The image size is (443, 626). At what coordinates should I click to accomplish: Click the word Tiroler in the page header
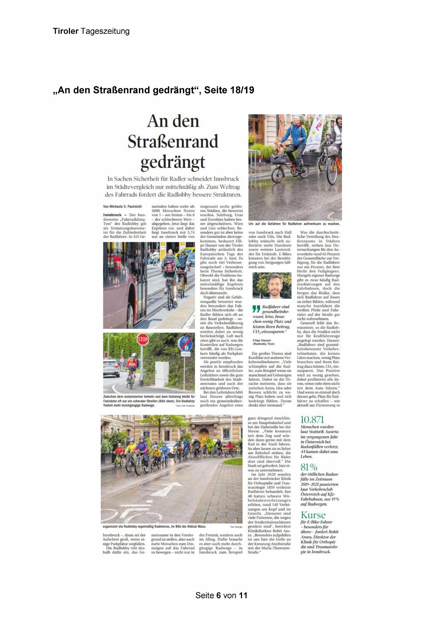(66, 31)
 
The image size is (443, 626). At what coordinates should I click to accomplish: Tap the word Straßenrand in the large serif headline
(173, 142)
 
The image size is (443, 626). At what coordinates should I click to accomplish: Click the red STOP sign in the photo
(143, 339)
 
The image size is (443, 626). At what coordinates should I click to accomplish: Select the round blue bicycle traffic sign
(185, 343)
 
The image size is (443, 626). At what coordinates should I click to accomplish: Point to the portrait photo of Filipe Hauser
(272, 286)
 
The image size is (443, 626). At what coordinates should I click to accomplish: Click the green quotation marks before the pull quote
(256, 308)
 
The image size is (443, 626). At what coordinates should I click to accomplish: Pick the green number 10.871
(312, 420)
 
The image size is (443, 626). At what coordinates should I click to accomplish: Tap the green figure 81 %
(309, 467)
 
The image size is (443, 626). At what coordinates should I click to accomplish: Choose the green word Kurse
(313, 515)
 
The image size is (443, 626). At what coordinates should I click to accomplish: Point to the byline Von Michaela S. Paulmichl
(122, 206)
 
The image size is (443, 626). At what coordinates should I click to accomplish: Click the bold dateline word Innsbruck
(112, 215)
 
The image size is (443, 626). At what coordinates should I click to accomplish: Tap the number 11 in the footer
(243, 595)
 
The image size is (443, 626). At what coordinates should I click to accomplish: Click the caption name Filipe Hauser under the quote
(262, 340)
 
